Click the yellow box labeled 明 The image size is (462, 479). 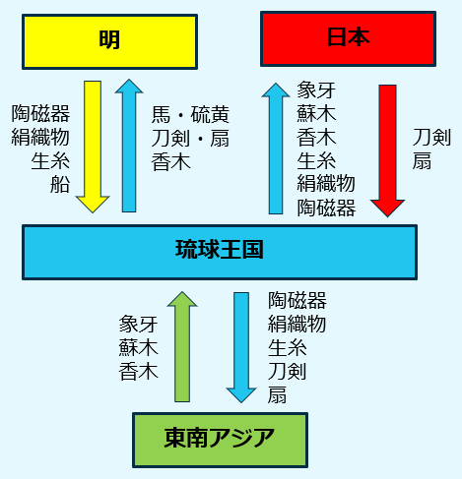pos(109,41)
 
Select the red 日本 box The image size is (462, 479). pos(348,38)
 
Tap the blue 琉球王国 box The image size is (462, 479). pos(220,252)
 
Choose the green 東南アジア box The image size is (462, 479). pos(220,440)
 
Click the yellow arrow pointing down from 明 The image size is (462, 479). pos(93,147)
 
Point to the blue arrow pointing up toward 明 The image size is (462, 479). pos(129,146)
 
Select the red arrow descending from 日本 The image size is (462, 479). pos(387,150)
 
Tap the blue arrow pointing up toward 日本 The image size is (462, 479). pos(276,149)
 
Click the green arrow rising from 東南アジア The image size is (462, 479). pos(182,346)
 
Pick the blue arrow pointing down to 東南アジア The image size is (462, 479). pos(241,347)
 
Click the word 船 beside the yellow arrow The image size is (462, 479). pos(60,185)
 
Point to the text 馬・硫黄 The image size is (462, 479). pos(190,114)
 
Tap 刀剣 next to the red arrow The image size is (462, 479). pos(431,138)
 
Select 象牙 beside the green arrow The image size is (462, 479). pos(138,324)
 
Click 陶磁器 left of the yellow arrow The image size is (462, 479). pos(40,113)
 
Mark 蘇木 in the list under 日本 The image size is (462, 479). pos(316,113)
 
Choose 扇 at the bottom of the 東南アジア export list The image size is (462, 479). pos(277,394)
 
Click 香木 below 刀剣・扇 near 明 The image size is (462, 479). pos(170,162)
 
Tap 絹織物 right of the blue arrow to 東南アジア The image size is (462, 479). pos(297,324)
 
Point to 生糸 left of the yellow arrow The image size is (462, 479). pos(50,161)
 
